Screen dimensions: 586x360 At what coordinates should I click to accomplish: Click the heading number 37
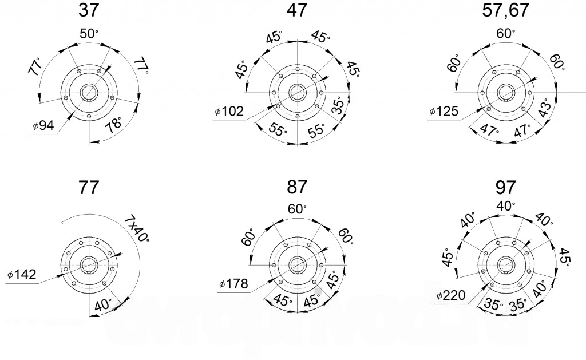[x=89, y=10]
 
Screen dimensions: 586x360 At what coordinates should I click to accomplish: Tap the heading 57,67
[x=505, y=10]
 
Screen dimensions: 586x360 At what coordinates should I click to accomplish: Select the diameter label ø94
[x=43, y=125]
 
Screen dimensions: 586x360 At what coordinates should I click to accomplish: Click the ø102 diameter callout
[x=229, y=111]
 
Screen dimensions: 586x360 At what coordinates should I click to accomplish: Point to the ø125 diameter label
[x=444, y=111]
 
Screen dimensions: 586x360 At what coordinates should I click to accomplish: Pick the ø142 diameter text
[x=22, y=275]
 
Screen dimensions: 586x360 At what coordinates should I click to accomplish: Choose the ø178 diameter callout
[x=233, y=284]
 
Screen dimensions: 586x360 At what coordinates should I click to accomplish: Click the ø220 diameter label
[x=451, y=296]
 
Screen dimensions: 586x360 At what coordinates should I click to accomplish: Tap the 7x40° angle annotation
[x=137, y=228]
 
